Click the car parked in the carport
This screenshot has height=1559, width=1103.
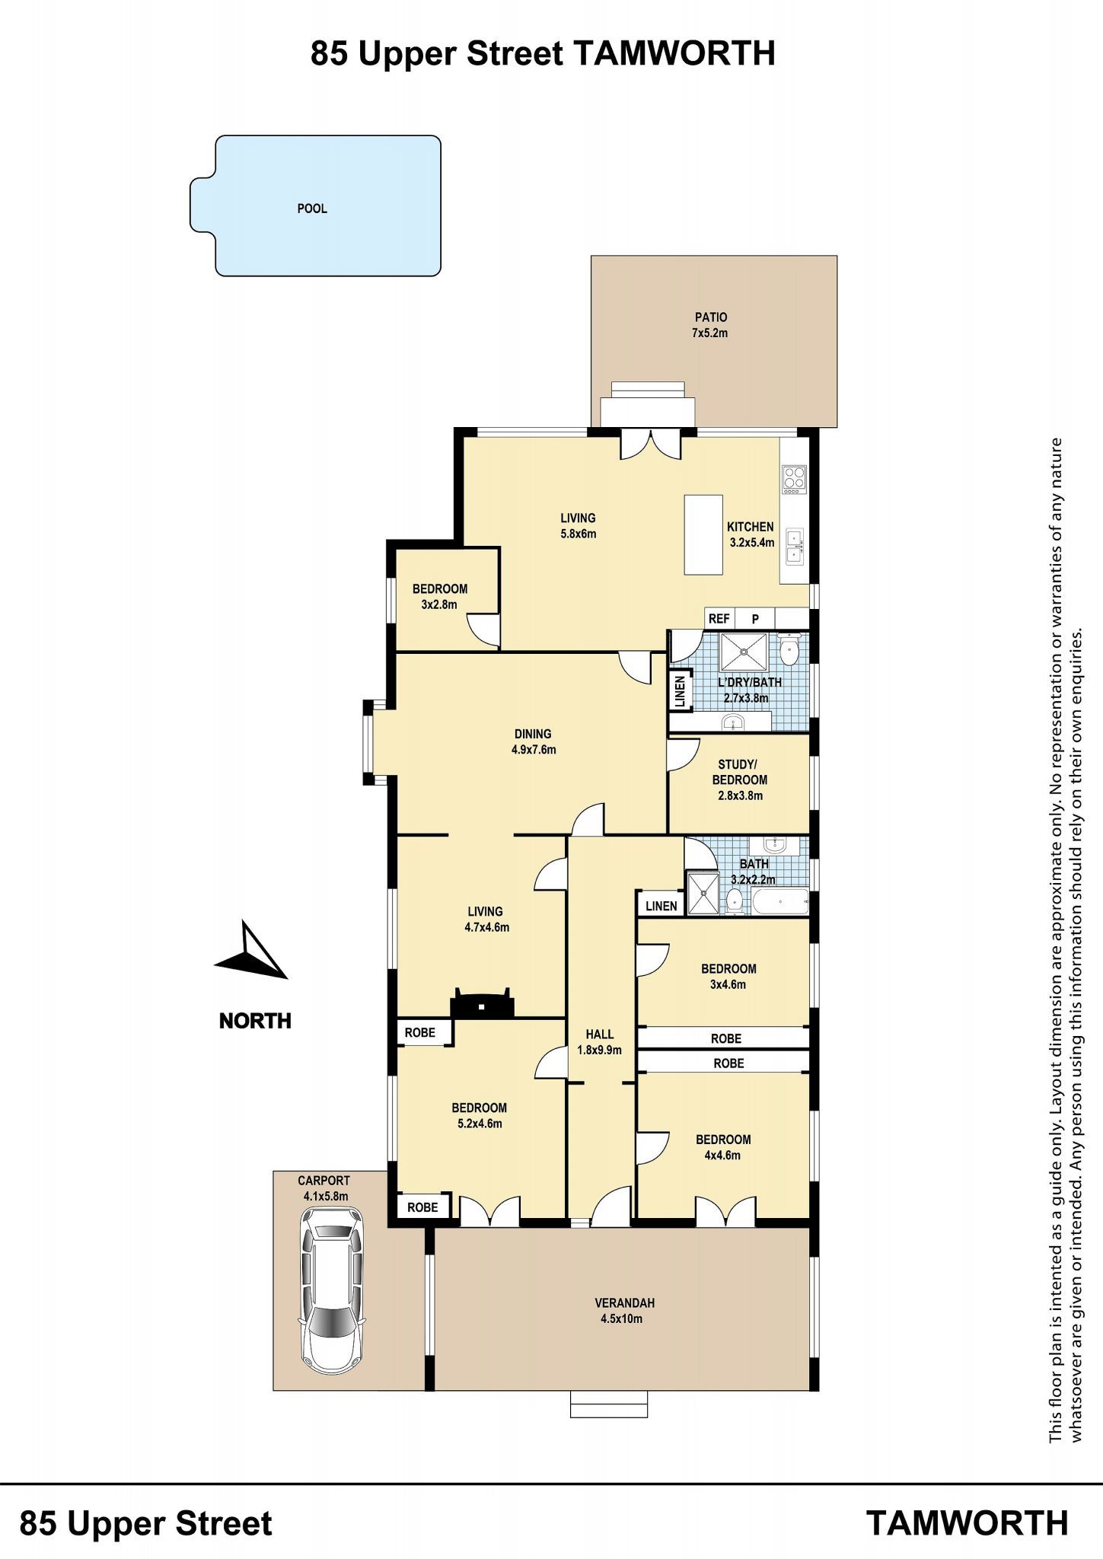(332, 1290)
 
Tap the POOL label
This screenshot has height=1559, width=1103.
(312, 209)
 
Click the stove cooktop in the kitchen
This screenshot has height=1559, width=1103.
(793, 478)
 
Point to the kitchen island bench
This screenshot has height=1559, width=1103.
(703, 534)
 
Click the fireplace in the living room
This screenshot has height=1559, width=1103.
(483, 1002)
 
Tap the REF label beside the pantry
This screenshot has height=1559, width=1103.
(719, 619)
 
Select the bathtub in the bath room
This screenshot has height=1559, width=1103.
(780, 901)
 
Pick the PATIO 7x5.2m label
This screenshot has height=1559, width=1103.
(710, 325)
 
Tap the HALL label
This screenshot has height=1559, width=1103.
(600, 1034)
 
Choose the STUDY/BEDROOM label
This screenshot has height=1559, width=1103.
(739, 772)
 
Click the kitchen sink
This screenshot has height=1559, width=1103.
(794, 546)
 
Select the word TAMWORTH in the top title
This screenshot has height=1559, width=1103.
(674, 54)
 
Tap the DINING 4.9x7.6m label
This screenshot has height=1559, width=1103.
(533, 741)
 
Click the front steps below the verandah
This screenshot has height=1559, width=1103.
(609, 1404)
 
